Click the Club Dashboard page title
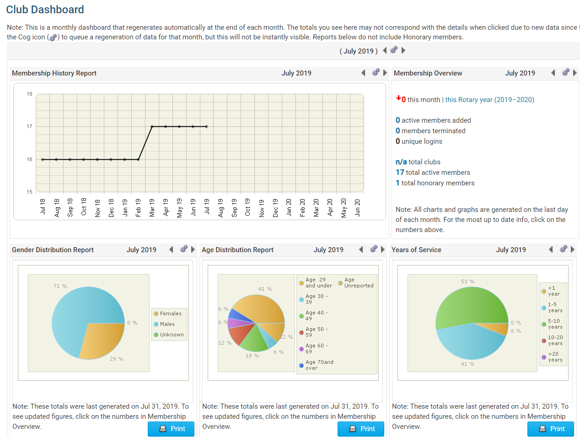(45, 10)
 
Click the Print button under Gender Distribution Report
(171, 429)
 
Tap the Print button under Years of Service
(551, 429)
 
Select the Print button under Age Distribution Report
(361, 429)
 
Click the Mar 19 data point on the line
(152, 126)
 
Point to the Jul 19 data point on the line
(207, 126)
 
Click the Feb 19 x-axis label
(138, 207)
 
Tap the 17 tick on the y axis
(29, 126)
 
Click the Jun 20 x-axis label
(357, 207)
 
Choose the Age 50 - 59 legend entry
(316, 332)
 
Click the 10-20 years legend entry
(555, 341)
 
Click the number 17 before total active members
(400, 172)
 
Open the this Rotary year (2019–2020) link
(489, 100)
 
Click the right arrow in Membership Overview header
(575, 73)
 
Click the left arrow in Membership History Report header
(363, 73)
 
